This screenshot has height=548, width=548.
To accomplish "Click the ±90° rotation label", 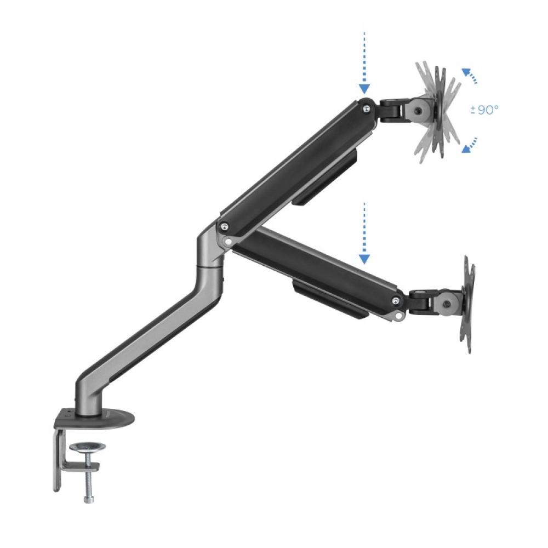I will [484, 110].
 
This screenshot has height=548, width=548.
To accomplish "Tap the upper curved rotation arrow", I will [469, 76].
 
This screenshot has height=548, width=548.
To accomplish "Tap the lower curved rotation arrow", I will [469, 145].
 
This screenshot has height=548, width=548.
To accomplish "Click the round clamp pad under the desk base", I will [87, 447].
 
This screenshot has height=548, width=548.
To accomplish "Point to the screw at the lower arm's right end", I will [396, 300].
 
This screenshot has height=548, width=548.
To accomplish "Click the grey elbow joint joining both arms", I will [211, 247].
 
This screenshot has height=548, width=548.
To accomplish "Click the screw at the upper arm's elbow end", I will [224, 225].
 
